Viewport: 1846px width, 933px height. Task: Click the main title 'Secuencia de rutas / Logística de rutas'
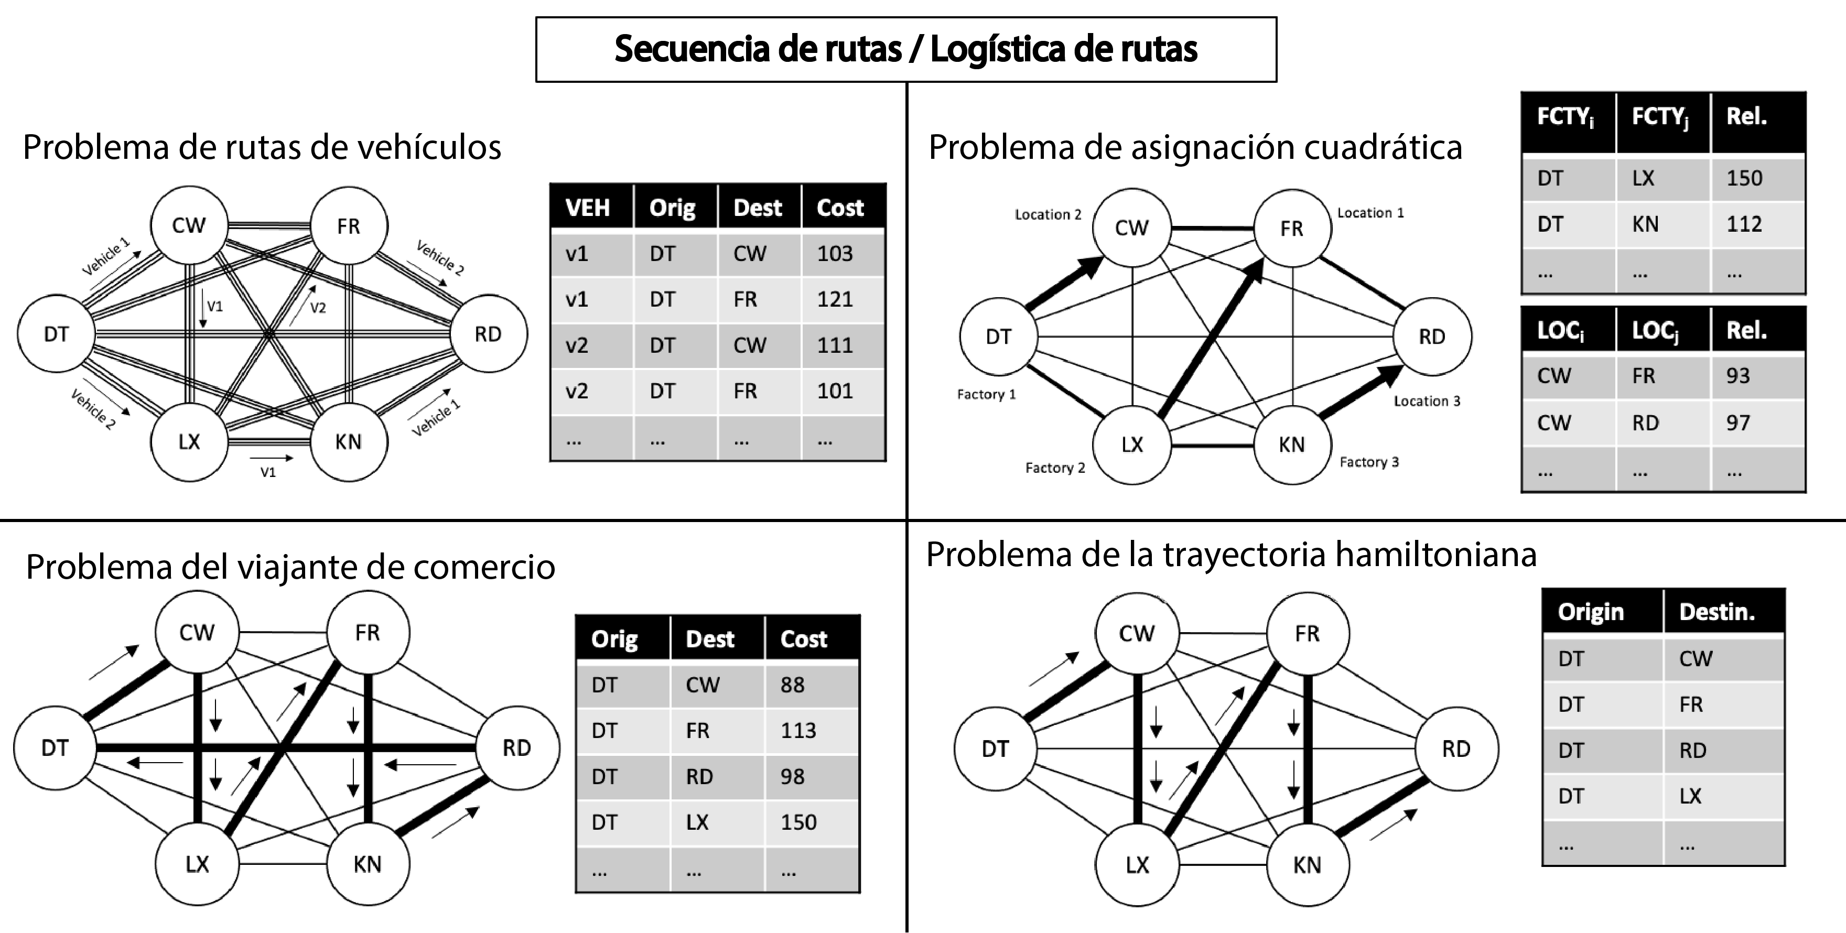tap(906, 49)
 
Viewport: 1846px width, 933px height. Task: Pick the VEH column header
tap(588, 208)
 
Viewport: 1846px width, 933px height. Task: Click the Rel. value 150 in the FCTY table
tap(1744, 178)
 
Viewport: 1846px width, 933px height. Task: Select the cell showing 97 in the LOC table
tap(1738, 423)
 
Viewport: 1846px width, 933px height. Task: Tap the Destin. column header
tap(1717, 612)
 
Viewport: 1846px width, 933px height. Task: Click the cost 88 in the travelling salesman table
tap(793, 685)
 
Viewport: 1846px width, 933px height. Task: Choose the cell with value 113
tap(798, 731)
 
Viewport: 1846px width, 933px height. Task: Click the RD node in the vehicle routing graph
tap(489, 334)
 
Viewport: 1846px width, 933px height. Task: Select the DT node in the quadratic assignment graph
tap(998, 337)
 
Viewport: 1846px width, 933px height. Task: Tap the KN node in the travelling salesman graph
tap(368, 864)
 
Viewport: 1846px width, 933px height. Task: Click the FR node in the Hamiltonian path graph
tap(1308, 634)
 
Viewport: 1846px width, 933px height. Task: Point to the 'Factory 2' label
tap(1055, 468)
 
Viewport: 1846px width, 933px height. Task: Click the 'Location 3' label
tap(1427, 402)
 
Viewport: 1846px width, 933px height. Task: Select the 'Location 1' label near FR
tap(1370, 213)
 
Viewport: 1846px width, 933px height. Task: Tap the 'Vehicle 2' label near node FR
tap(440, 258)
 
